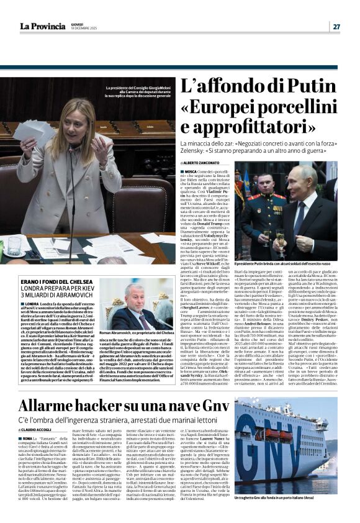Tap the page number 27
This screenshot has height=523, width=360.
336,26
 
